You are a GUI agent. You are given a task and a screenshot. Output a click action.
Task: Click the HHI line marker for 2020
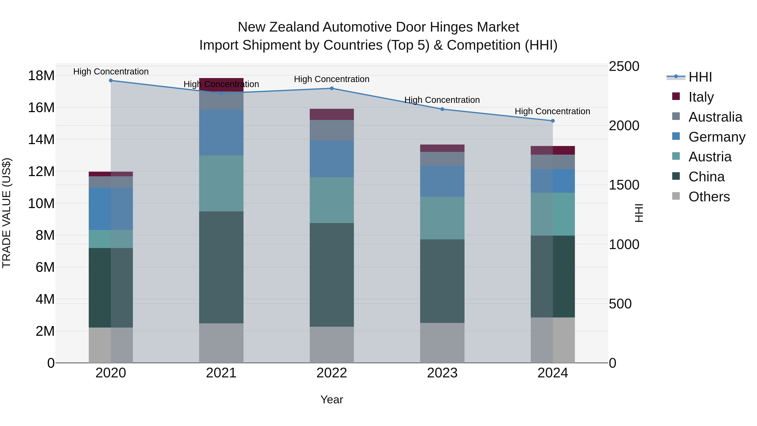(111, 81)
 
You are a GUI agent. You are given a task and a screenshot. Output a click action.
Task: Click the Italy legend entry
(701, 97)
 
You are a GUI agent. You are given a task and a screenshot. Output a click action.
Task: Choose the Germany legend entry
(716, 137)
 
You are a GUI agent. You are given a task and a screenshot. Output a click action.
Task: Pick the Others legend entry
(709, 196)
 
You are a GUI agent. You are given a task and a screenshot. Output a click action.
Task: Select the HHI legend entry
(700, 77)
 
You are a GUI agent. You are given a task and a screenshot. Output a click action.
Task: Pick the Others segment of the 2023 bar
(442, 343)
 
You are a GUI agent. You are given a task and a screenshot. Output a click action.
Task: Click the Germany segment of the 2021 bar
(221, 132)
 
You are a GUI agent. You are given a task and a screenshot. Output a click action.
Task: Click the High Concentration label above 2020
(111, 72)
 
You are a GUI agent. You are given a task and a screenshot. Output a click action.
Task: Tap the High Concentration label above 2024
(552, 111)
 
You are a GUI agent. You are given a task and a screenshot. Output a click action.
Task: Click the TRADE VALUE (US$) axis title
(7, 213)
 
